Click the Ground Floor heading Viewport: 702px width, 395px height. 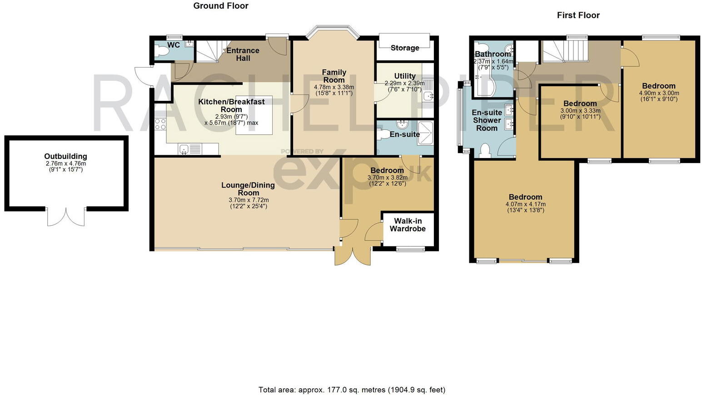coord(221,6)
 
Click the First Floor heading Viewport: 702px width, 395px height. coord(578,15)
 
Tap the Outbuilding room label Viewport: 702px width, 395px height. coord(65,156)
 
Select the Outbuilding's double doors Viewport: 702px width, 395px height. coord(66,217)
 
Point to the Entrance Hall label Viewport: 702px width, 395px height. coord(243,54)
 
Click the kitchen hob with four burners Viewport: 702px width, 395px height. coord(160,124)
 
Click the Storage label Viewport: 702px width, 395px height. coord(405,48)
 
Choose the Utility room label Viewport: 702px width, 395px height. coord(404,76)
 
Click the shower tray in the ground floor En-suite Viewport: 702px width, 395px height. coord(425,132)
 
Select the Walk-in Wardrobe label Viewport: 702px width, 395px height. coord(408,225)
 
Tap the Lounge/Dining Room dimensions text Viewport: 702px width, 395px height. coord(249,203)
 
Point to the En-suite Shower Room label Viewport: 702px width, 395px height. coord(487,120)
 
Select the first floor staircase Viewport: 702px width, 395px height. coord(565,50)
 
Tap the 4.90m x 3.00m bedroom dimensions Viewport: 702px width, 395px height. coord(658,96)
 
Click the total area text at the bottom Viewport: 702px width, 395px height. coord(352,390)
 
